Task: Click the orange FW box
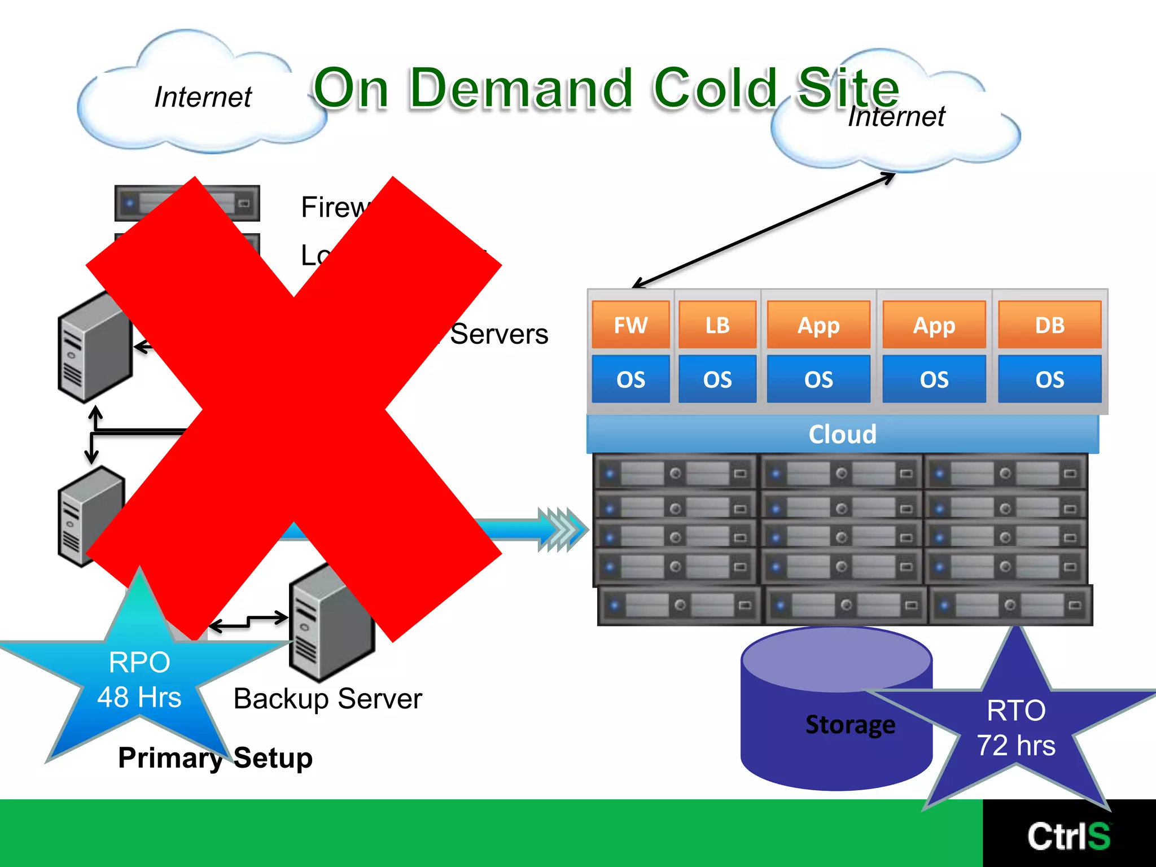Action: pyautogui.click(x=630, y=325)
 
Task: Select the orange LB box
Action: pyautogui.click(x=717, y=325)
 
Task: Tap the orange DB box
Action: pyautogui.click(x=1049, y=325)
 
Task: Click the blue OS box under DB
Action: pyautogui.click(x=1049, y=379)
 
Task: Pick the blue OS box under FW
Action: pyautogui.click(x=630, y=379)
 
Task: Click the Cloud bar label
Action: pyautogui.click(x=842, y=434)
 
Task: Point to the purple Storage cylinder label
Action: pyautogui.click(x=850, y=725)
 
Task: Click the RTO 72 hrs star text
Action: pyautogui.click(x=1015, y=728)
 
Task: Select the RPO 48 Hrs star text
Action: pyautogui.click(x=139, y=680)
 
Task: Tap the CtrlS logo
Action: pyautogui.click(x=1069, y=836)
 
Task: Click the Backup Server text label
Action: pyautogui.click(x=327, y=699)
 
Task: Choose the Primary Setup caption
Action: pyautogui.click(x=215, y=757)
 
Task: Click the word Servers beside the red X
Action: pyautogui.click(x=499, y=334)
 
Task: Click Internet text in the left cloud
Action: pyautogui.click(x=203, y=97)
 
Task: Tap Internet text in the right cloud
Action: pyautogui.click(x=896, y=117)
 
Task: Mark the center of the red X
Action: pyautogui.click(x=294, y=409)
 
